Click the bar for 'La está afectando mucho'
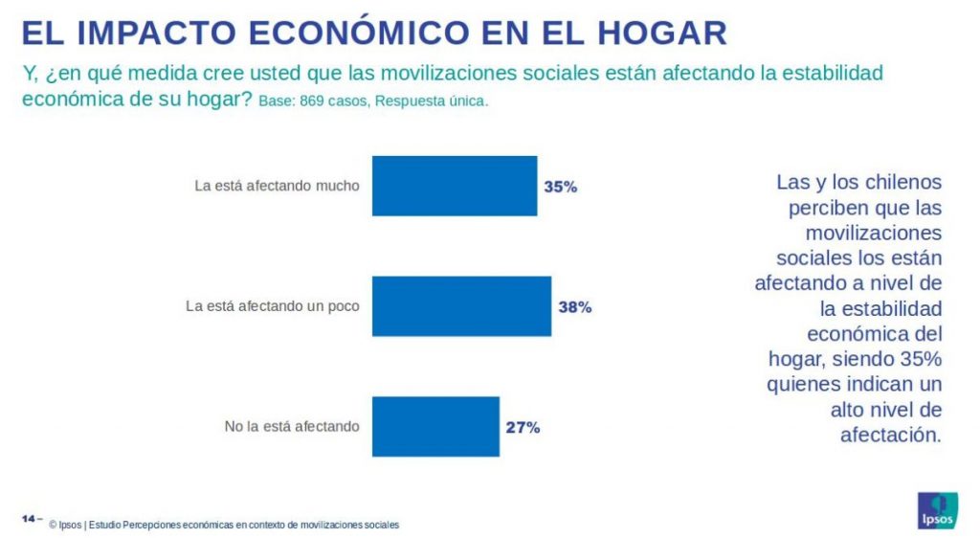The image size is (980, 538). [x=454, y=186]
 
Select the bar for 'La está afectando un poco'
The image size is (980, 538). [x=460, y=306]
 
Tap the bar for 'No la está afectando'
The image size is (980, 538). [x=434, y=426]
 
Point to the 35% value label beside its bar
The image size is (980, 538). [x=560, y=187]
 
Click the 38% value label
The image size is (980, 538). [x=574, y=307]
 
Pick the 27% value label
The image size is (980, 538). [x=523, y=427]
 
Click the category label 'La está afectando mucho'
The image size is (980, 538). [x=277, y=186]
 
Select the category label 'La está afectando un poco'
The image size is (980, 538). [x=272, y=306]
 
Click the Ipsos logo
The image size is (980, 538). [x=937, y=510]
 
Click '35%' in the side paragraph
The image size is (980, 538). [x=920, y=359]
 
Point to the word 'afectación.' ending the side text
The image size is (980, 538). [x=891, y=435]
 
